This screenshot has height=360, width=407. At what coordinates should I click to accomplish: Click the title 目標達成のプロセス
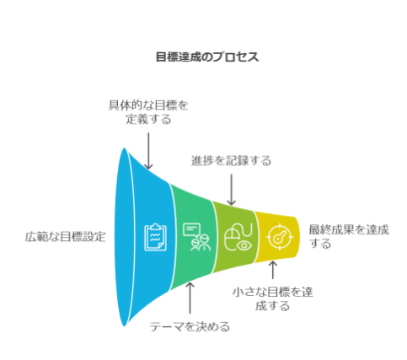(207, 57)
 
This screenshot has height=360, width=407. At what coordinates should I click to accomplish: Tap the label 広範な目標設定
(65, 237)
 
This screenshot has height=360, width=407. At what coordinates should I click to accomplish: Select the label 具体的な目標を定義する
(148, 112)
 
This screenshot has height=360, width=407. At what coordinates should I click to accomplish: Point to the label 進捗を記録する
(231, 161)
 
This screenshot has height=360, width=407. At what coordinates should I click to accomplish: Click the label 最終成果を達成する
(349, 237)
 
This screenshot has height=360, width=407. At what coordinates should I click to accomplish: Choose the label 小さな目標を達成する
(272, 299)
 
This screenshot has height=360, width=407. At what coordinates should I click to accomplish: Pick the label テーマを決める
(190, 327)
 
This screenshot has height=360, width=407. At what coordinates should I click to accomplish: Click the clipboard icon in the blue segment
(156, 237)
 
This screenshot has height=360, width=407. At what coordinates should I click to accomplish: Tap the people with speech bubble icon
(196, 237)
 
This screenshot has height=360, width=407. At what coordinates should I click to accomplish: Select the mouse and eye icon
(238, 237)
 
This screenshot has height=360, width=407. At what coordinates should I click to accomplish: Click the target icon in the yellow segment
(280, 237)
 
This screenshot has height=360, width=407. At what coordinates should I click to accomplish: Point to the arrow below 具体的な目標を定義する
(148, 151)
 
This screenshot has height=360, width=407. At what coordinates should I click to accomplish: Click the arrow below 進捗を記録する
(231, 190)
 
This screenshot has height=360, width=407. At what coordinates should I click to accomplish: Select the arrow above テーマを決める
(190, 298)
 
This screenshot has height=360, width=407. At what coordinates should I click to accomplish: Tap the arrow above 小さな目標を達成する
(272, 270)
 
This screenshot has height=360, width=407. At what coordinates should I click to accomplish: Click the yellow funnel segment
(276, 237)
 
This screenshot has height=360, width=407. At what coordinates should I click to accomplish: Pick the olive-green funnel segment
(234, 237)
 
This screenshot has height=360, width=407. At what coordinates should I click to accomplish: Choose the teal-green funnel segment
(192, 237)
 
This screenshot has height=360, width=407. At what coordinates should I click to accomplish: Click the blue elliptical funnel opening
(124, 237)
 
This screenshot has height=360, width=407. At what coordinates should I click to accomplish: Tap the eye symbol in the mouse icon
(244, 245)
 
